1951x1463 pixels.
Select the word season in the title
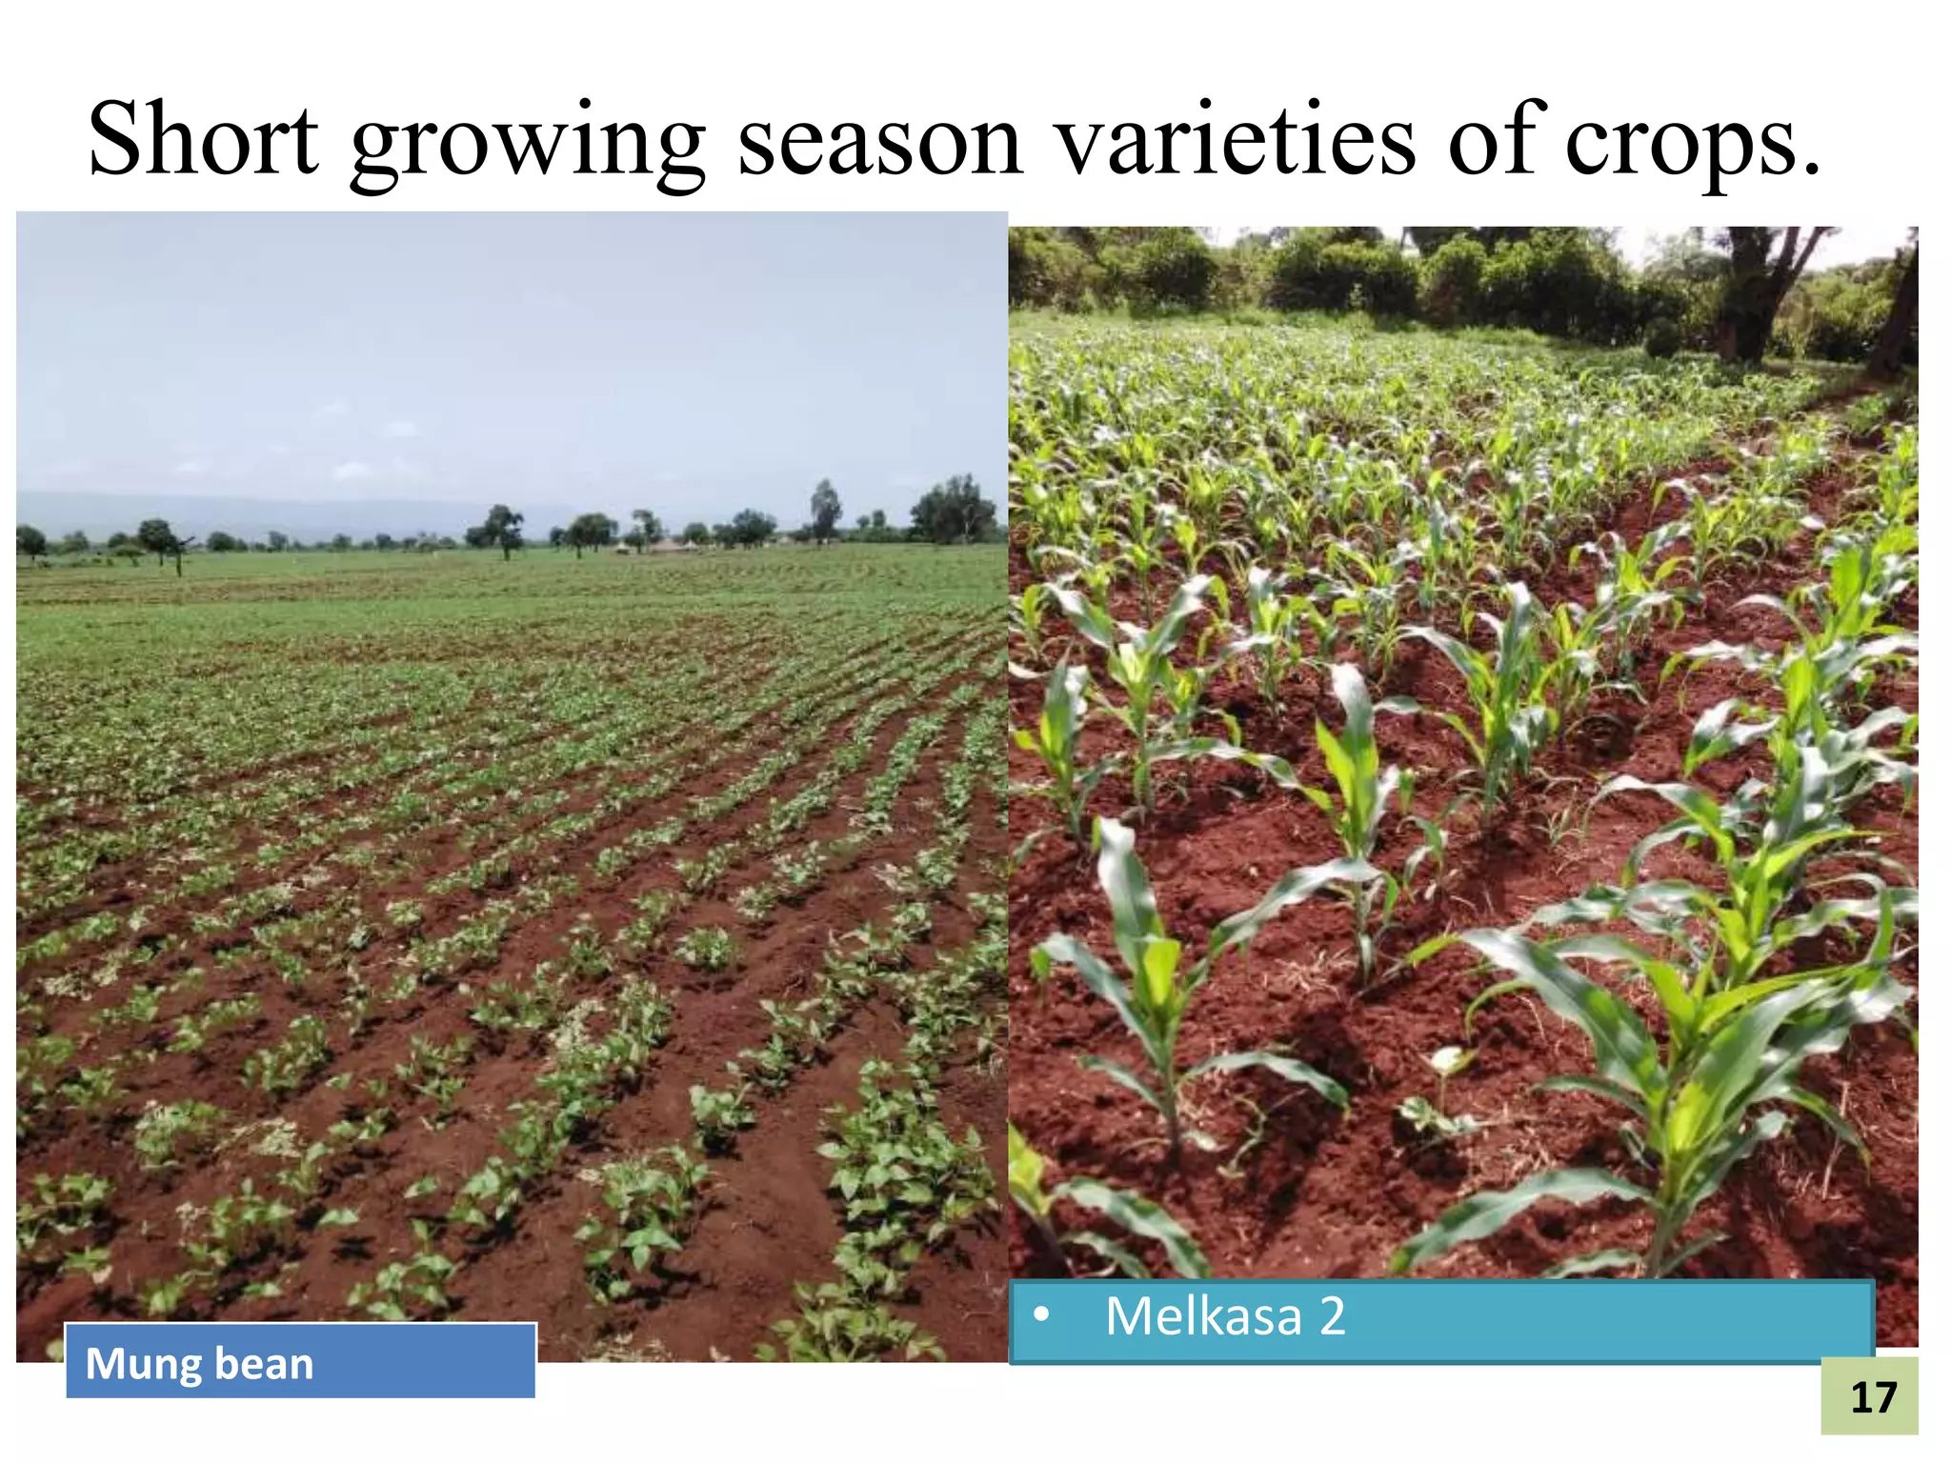pyautogui.click(x=880, y=141)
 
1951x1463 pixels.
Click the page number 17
pyautogui.click(x=1873, y=1397)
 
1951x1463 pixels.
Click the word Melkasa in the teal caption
pyautogui.click(x=1202, y=1316)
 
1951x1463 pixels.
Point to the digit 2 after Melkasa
pyautogui.click(x=1332, y=1316)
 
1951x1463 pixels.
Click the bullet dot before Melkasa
pyautogui.click(x=1041, y=1315)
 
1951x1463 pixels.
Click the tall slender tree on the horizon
pyautogui.click(x=825, y=508)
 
